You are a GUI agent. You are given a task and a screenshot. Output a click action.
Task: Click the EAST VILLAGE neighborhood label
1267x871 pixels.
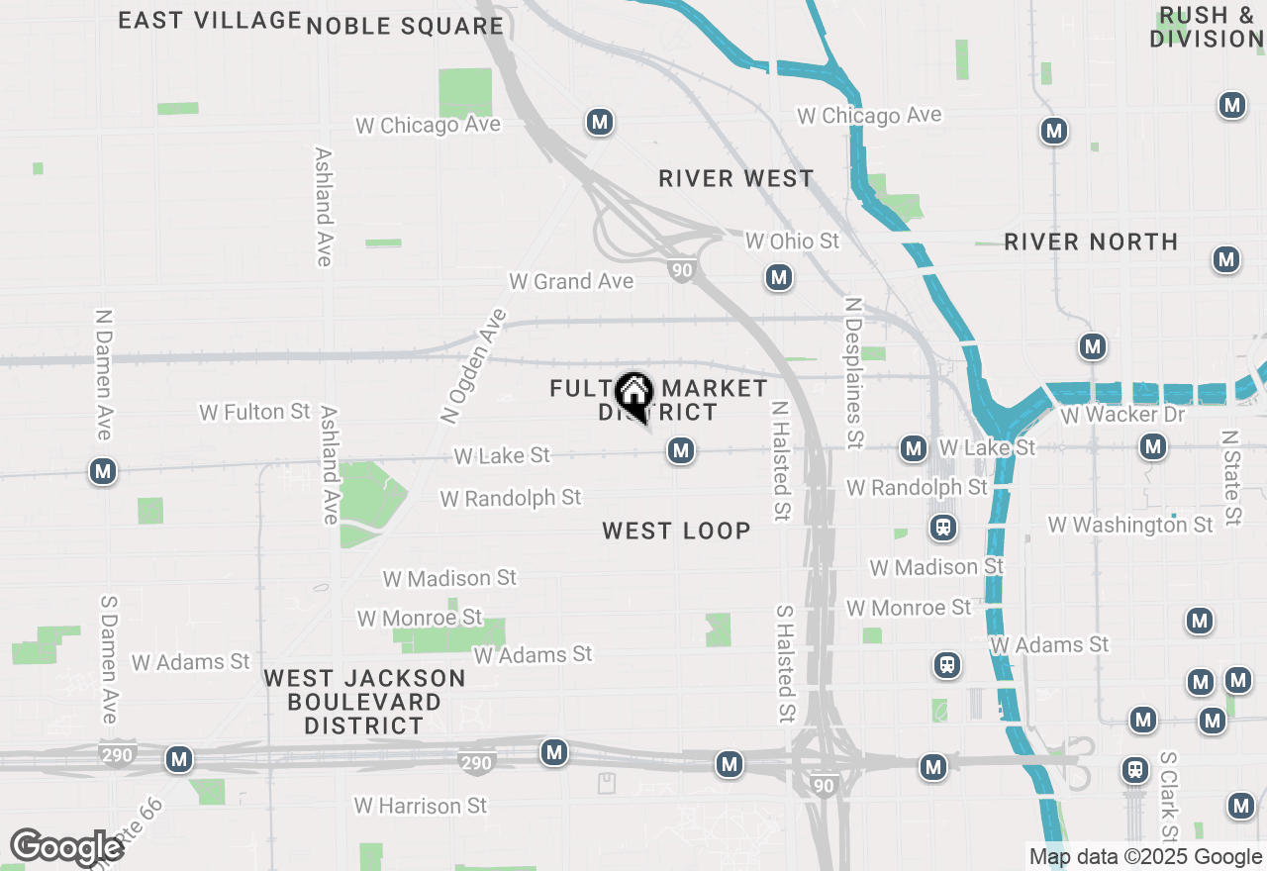click(x=210, y=20)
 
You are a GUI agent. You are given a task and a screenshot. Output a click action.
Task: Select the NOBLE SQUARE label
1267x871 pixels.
click(x=405, y=27)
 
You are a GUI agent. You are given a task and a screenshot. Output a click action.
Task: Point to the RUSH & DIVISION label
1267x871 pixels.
click(x=1207, y=28)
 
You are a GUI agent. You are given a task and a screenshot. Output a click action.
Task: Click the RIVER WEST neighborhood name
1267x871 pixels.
click(x=736, y=179)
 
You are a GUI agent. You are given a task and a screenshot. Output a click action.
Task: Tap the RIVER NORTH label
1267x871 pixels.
click(x=1091, y=242)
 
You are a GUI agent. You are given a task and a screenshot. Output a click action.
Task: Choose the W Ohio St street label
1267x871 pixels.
click(x=792, y=241)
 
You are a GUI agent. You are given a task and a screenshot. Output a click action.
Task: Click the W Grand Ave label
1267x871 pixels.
click(x=571, y=282)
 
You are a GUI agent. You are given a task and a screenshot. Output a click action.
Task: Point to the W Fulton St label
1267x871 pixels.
click(x=254, y=412)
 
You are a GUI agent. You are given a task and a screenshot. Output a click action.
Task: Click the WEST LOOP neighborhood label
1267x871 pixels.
click(x=676, y=532)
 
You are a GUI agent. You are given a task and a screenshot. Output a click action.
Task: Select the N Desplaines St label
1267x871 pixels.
click(x=854, y=371)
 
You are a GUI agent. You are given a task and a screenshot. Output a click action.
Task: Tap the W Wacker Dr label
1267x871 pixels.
click(x=1122, y=414)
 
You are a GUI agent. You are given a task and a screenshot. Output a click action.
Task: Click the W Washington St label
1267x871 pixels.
click(x=1130, y=525)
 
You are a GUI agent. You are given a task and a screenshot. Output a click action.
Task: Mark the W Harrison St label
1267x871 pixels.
click(x=421, y=806)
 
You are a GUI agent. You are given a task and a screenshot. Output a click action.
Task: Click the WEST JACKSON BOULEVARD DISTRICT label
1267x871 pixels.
click(x=365, y=702)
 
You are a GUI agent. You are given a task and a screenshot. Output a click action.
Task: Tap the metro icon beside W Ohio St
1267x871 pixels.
click(x=779, y=277)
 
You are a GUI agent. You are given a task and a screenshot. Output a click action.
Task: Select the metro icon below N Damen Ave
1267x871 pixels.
click(x=103, y=471)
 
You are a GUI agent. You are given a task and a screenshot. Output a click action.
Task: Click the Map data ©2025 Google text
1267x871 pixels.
click(x=1145, y=857)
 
